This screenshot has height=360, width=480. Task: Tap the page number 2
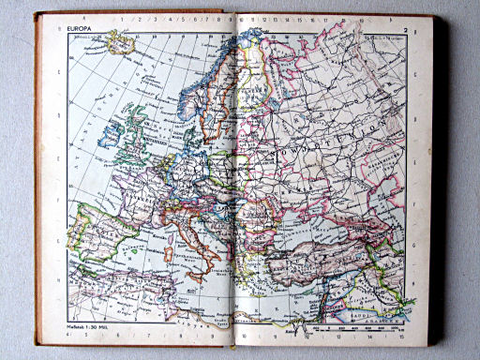click(404, 28)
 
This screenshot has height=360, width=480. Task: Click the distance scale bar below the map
click(361, 328)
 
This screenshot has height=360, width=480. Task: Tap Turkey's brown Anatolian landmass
click(319, 255)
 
